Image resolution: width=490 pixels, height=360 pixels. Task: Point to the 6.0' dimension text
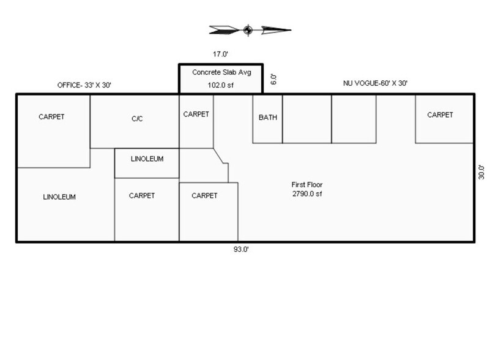(275, 79)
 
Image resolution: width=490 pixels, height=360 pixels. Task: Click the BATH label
(267, 118)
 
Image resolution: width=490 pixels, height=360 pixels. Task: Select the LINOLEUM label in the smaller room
(147, 159)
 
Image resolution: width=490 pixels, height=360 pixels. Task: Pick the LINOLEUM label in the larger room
(59, 197)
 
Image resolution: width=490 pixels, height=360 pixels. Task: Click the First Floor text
(307, 184)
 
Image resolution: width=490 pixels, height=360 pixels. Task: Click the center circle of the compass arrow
(247, 29)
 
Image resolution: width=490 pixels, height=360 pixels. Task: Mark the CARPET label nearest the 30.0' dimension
(440, 114)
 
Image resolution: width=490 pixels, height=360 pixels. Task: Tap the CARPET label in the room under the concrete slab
(196, 114)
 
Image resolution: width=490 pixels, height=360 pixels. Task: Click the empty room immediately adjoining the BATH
(306, 119)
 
